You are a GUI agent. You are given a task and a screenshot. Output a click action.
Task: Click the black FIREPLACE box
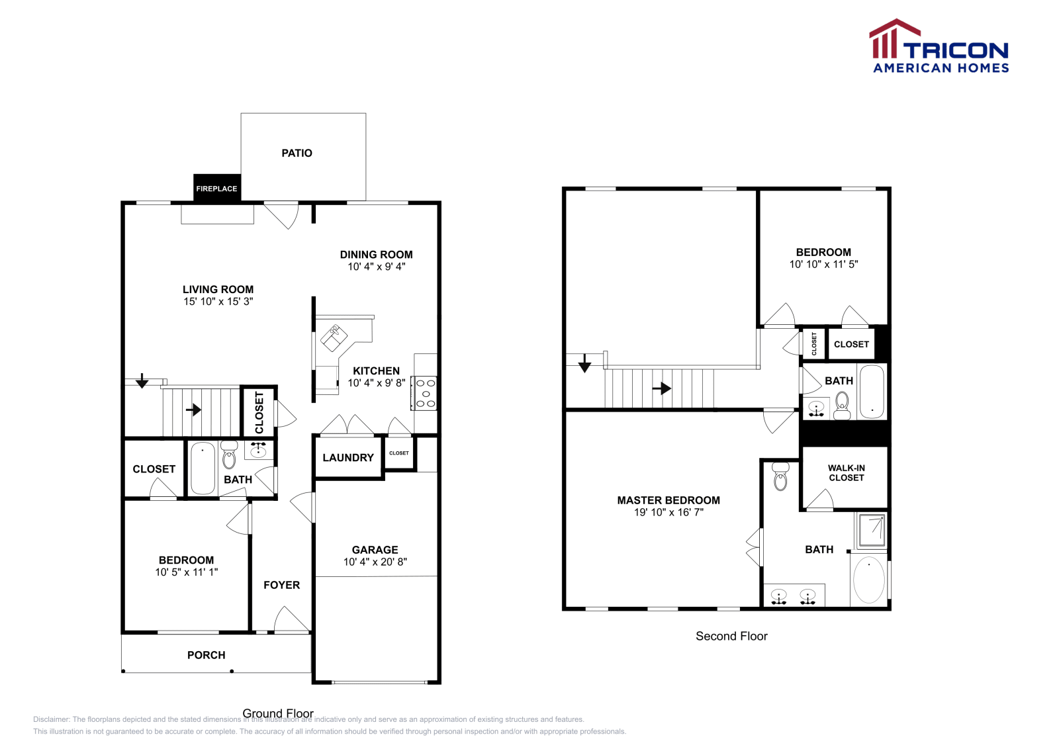point(216,189)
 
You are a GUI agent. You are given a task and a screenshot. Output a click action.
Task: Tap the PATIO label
point(297,153)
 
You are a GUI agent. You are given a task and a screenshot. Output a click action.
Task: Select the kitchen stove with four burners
point(425,393)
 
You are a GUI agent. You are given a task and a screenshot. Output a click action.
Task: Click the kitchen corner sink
point(334,337)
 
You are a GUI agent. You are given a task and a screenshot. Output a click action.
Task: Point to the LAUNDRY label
point(348,457)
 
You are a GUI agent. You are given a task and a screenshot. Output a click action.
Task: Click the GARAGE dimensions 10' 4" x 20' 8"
point(375,562)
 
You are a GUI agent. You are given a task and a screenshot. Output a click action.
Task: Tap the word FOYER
point(281,585)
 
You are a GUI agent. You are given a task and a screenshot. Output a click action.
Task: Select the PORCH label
point(206,655)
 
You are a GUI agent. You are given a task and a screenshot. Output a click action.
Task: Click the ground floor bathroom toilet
point(229,456)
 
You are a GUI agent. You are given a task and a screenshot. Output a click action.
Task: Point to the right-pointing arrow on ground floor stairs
point(193,410)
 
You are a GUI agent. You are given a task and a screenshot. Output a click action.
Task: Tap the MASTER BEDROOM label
point(668,500)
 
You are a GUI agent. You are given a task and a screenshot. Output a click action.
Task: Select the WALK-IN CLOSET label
point(846,472)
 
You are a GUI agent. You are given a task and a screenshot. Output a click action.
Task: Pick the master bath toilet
point(780,476)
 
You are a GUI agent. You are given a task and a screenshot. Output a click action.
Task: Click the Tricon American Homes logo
point(939,47)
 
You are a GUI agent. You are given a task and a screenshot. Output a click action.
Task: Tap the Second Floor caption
point(731,636)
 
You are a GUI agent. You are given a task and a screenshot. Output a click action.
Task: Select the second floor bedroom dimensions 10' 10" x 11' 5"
point(823,264)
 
